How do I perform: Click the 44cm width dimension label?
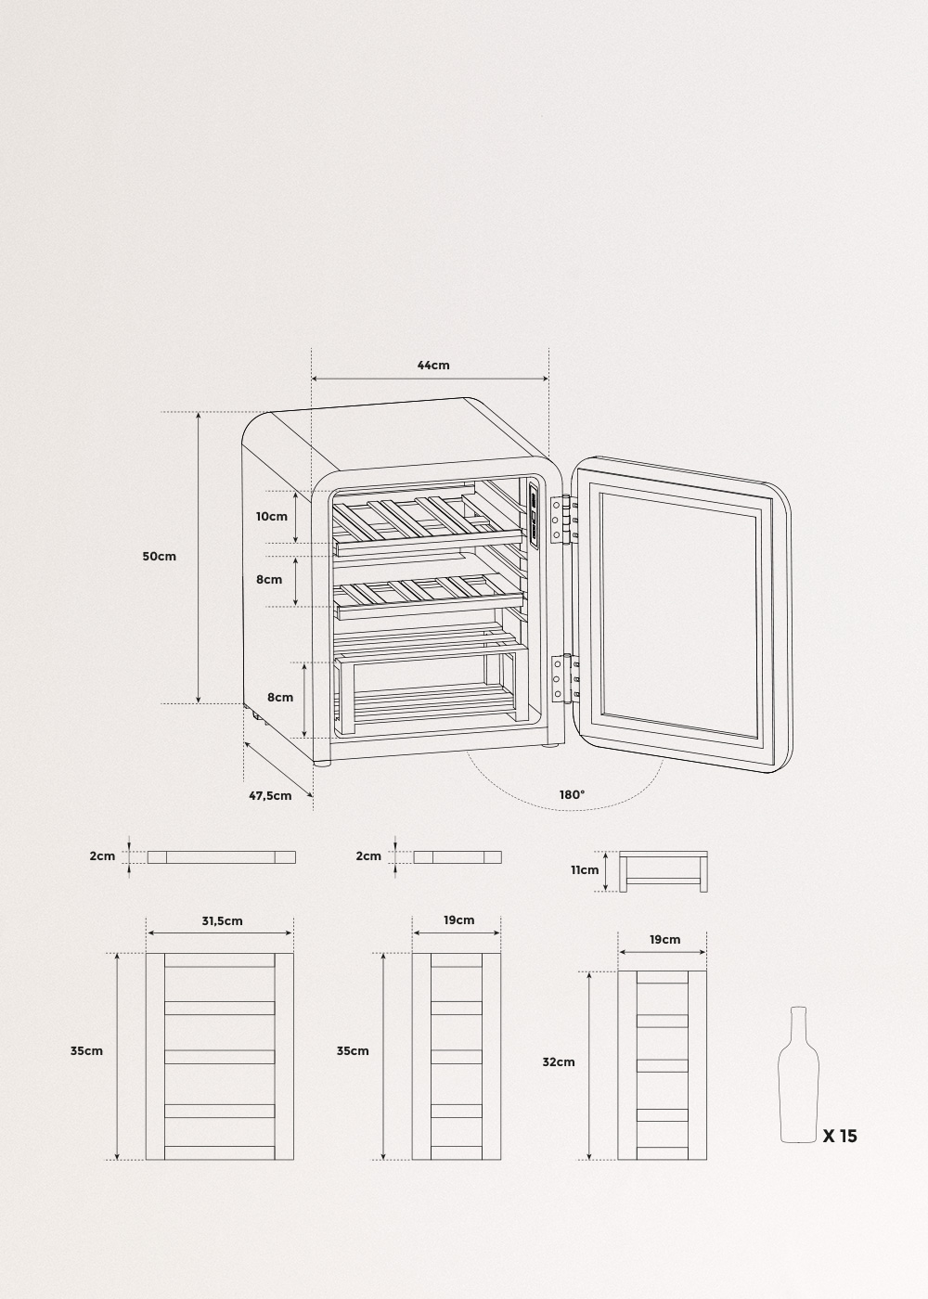[x=432, y=366]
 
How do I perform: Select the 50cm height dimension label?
[x=159, y=557]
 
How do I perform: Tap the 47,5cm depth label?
[x=270, y=795]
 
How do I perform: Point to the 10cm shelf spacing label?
[x=272, y=516]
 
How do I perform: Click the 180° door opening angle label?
[x=572, y=794]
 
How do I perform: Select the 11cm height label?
[x=585, y=870]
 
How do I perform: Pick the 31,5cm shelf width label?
[x=222, y=920]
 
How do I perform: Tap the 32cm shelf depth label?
[x=559, y=1061]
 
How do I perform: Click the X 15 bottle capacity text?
[x=840, y=1136]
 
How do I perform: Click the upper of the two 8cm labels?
[x=269, y=580]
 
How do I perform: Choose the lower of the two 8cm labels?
[x=280, y=698]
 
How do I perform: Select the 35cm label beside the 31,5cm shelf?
[x=86, y=1051]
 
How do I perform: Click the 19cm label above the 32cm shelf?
[x=664, y=939]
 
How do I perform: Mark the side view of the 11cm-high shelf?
[x=664, y=870]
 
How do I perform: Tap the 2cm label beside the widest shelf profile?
[x=102, y=855]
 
